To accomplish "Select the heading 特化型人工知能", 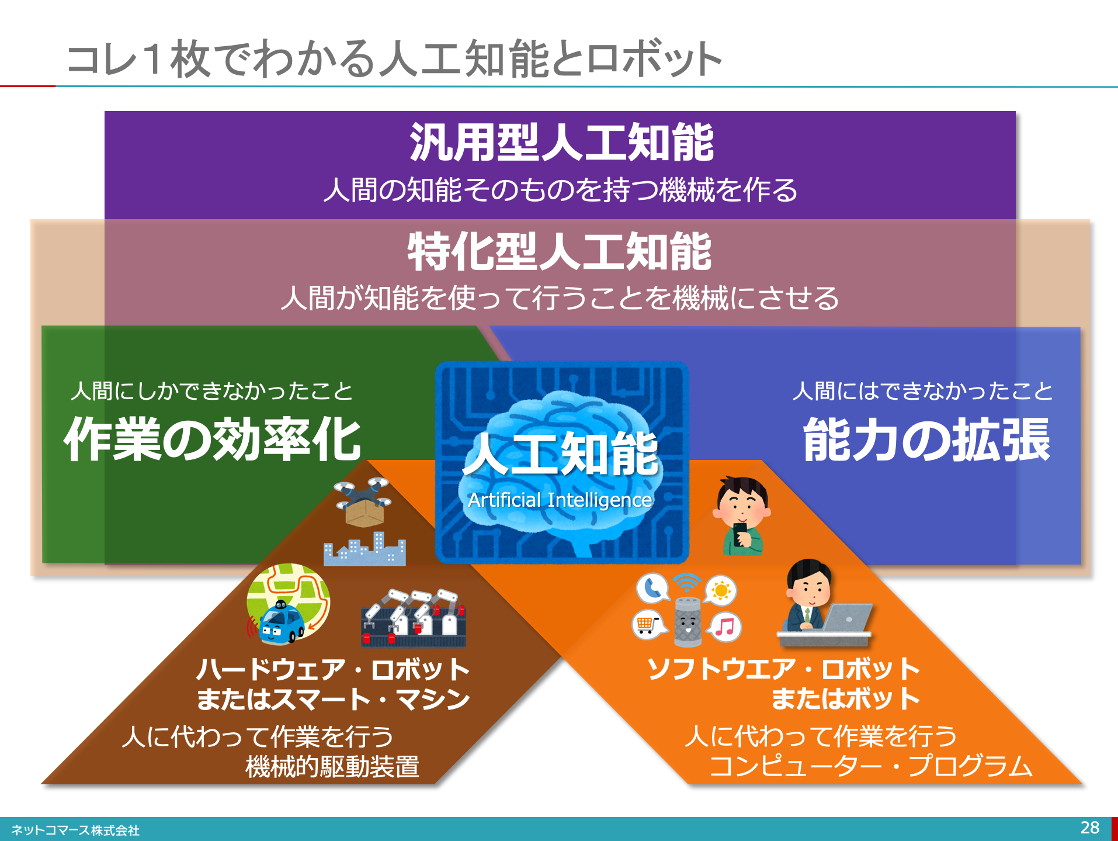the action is pos(560,252).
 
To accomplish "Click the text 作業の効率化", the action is pos(213,439).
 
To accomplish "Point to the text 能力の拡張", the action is pos(927,439).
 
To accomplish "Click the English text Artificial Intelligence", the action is pos(560,500).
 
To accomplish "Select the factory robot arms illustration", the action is pos(414,618).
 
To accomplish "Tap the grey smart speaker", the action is pos(688,621).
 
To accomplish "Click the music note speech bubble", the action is pos(725,627).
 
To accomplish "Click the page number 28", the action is pos(1090,828).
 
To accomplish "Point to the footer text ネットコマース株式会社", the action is pos(75,830).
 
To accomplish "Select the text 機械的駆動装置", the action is pos(332,767).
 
